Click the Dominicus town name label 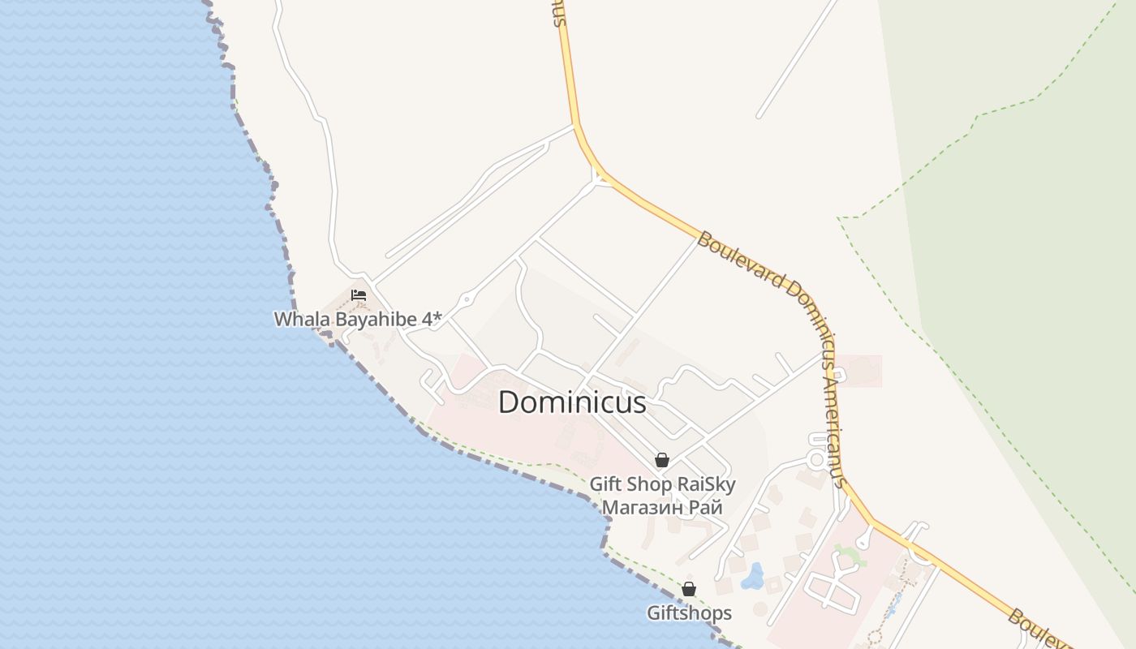pyautogui.click(x=572, y=402)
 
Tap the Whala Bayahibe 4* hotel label pyautogui.click(x=358, y=319)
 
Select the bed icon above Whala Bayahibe pyautogui.click(x=359, y=295)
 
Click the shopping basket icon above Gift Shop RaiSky pyautogui.click(x=662, y=461)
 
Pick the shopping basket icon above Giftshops pyautogui.click(x=689, y=589)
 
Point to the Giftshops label pyautogui.click(x=689, y=612)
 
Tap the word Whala pyautogui.click(x=295, y=319)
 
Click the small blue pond pyautogui.click(x=753, y=575)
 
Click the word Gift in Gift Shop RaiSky pyautogui.click(x=606, y=485)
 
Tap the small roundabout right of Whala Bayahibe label pyautogui.click(x=467, y=299)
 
